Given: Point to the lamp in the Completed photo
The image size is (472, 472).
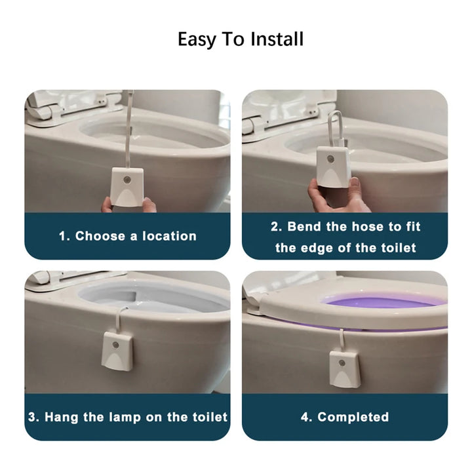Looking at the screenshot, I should pyautogui.click(x=344, y=368).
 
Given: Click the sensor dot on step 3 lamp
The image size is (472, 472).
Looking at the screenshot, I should pyautogui.click(x=116, y=343).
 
